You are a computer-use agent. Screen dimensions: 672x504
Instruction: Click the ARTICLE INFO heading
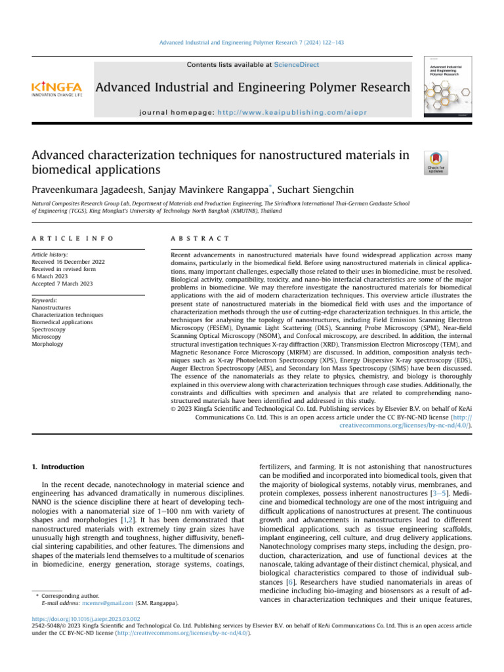[73, 238]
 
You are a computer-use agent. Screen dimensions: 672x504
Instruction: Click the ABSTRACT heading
[199, 238]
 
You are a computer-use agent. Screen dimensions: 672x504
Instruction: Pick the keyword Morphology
[48, 344]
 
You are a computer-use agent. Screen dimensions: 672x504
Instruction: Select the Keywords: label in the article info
[46, 300]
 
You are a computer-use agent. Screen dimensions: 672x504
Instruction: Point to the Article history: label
[51, 253]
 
